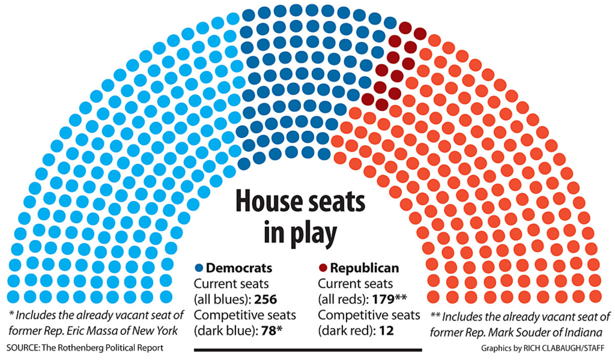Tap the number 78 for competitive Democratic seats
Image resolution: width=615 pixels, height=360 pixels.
click(x=267, y=330)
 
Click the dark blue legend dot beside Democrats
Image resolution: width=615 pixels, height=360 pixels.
click(x=199, y=268)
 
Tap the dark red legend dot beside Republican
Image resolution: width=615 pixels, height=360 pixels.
click(x=323, y=268)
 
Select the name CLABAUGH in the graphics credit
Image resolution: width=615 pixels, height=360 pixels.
click(x=558, y=348)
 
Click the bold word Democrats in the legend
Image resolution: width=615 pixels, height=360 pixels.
click(x=239, y=268)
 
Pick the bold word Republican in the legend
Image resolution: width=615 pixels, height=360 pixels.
click(x=364, y=268)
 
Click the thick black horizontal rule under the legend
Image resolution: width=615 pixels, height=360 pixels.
click(x=307, y=350)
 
